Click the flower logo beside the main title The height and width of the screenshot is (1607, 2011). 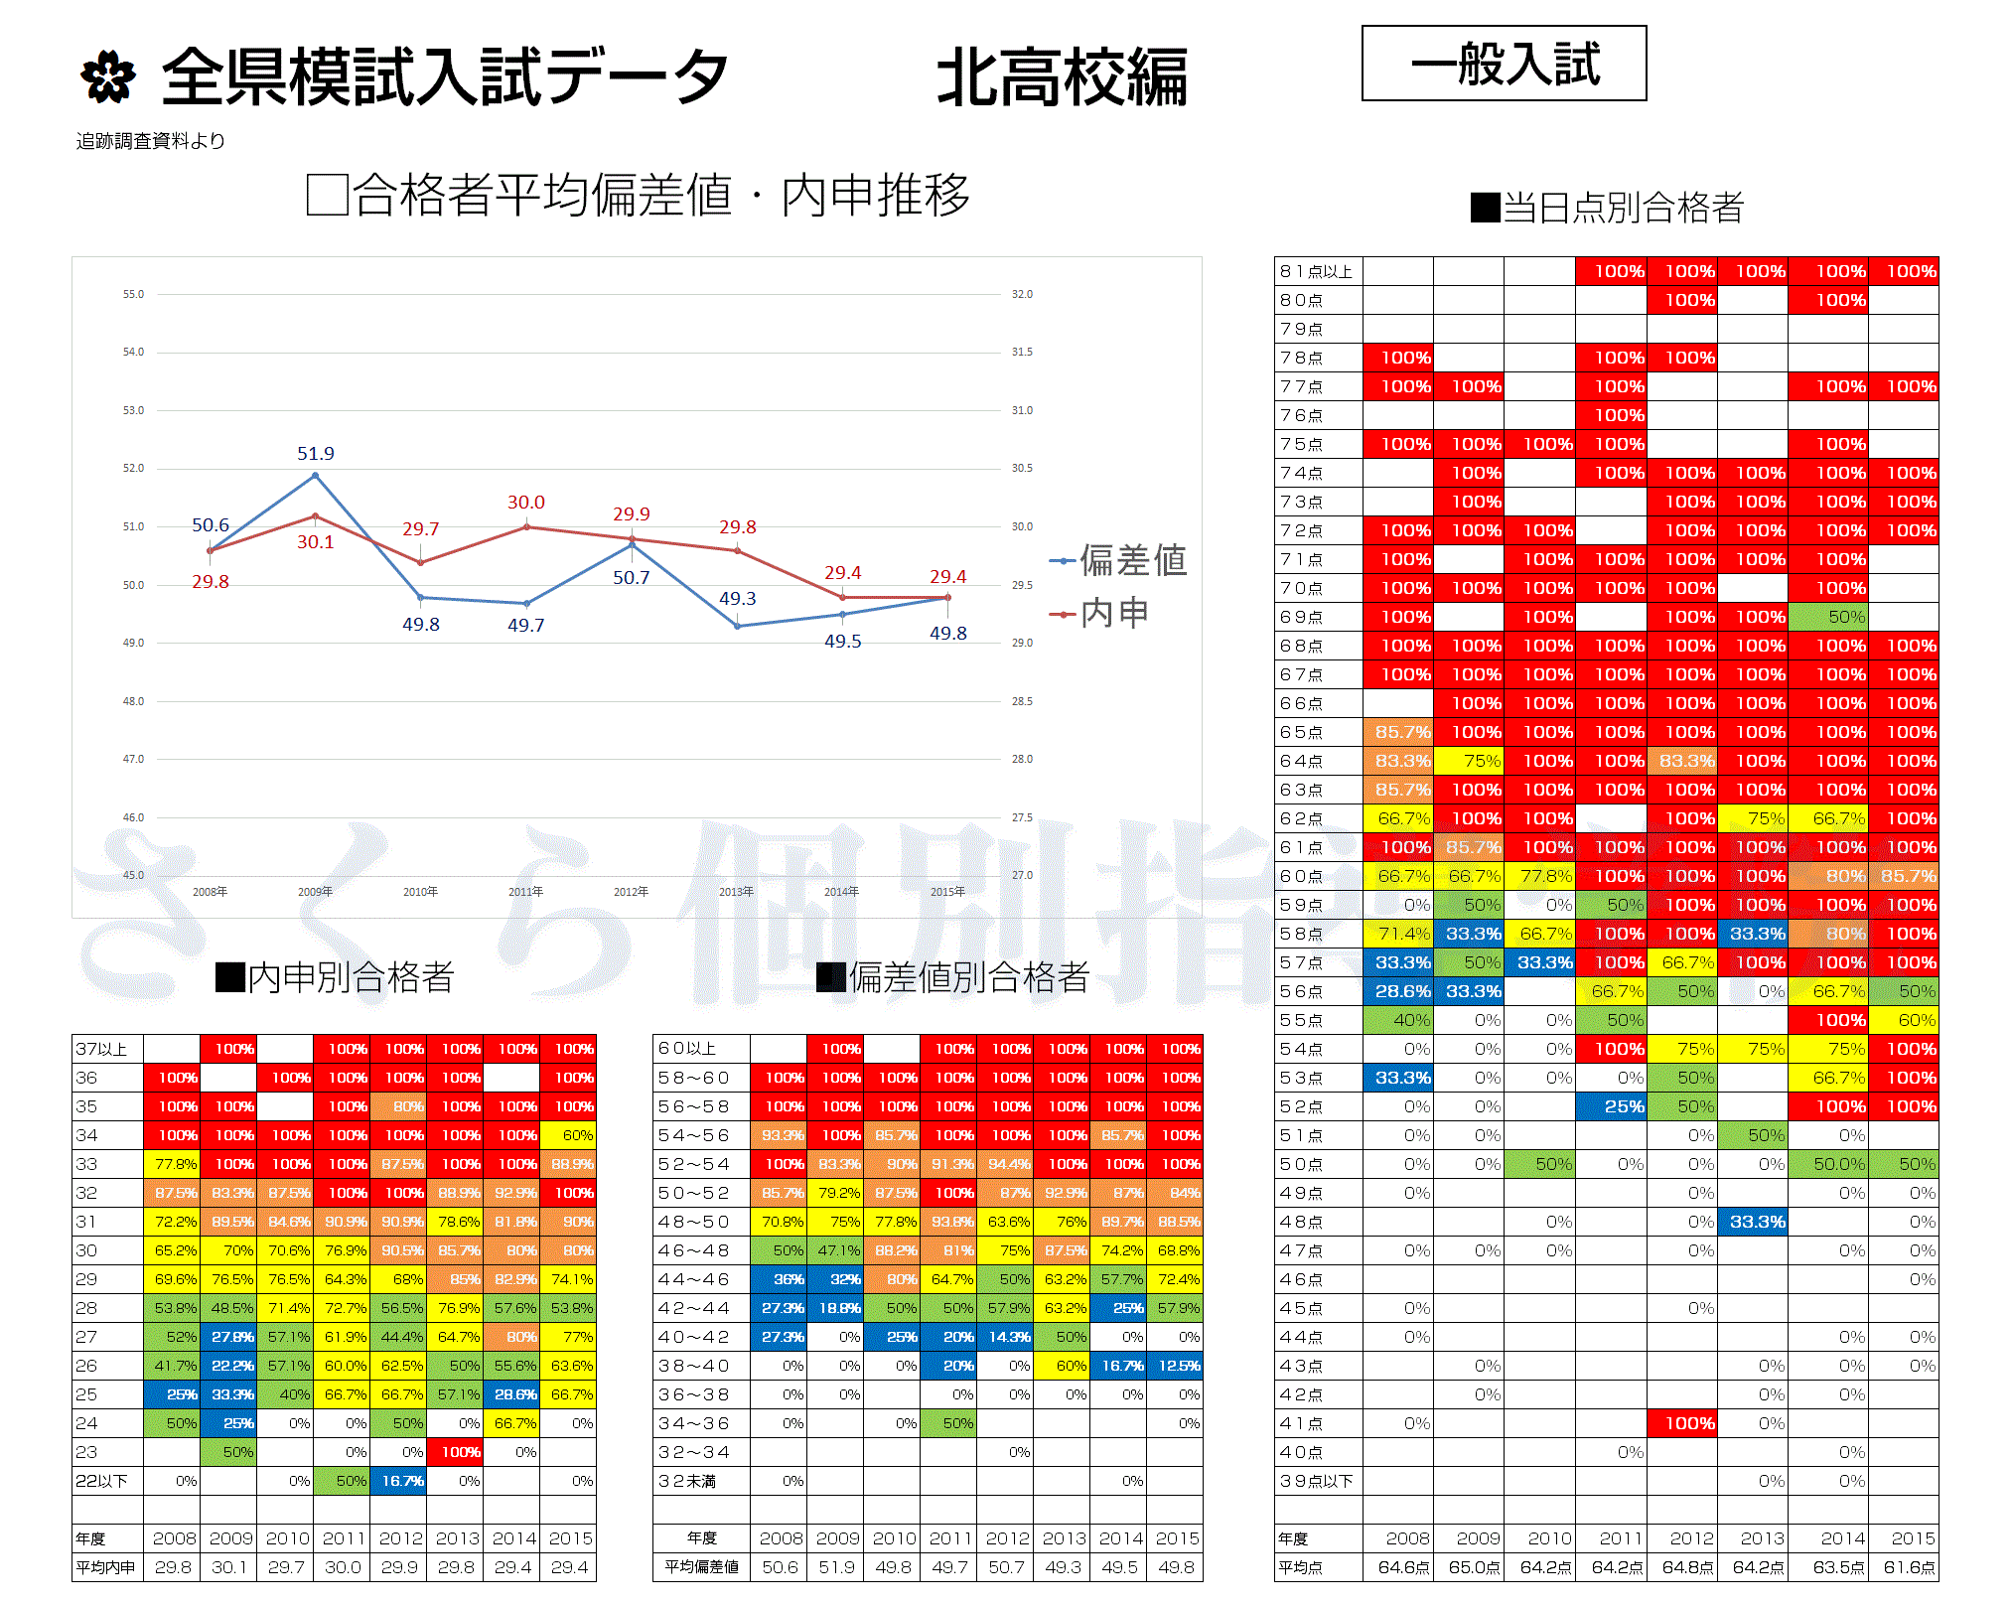(x=107, y=77)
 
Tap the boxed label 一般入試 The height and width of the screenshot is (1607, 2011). (x=1504, y=64)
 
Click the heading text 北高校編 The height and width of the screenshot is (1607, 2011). (x=1062, y=77)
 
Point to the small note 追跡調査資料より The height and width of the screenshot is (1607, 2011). (x=151, y=141)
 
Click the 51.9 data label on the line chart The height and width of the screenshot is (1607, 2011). (x=316, y=454)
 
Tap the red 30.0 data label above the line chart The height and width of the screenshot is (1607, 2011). (x=525, y=503)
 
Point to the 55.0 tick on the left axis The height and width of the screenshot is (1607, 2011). (x=133, y=295)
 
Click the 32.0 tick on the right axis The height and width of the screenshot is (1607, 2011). (x=1022, y=295)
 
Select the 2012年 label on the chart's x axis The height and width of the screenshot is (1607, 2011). (x=631, y=892)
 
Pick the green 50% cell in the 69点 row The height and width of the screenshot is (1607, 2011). (x=1827, y=617)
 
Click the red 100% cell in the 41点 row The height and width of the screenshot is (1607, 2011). (x=1681, y=1423)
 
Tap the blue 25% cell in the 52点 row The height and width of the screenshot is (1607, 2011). (x=1611, y=1106)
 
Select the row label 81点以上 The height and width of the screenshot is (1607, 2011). (x=1317, y=271)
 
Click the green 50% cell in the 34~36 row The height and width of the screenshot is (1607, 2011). (x=948, y=1423)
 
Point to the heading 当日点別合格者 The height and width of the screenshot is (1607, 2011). (x=1608, y=208)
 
